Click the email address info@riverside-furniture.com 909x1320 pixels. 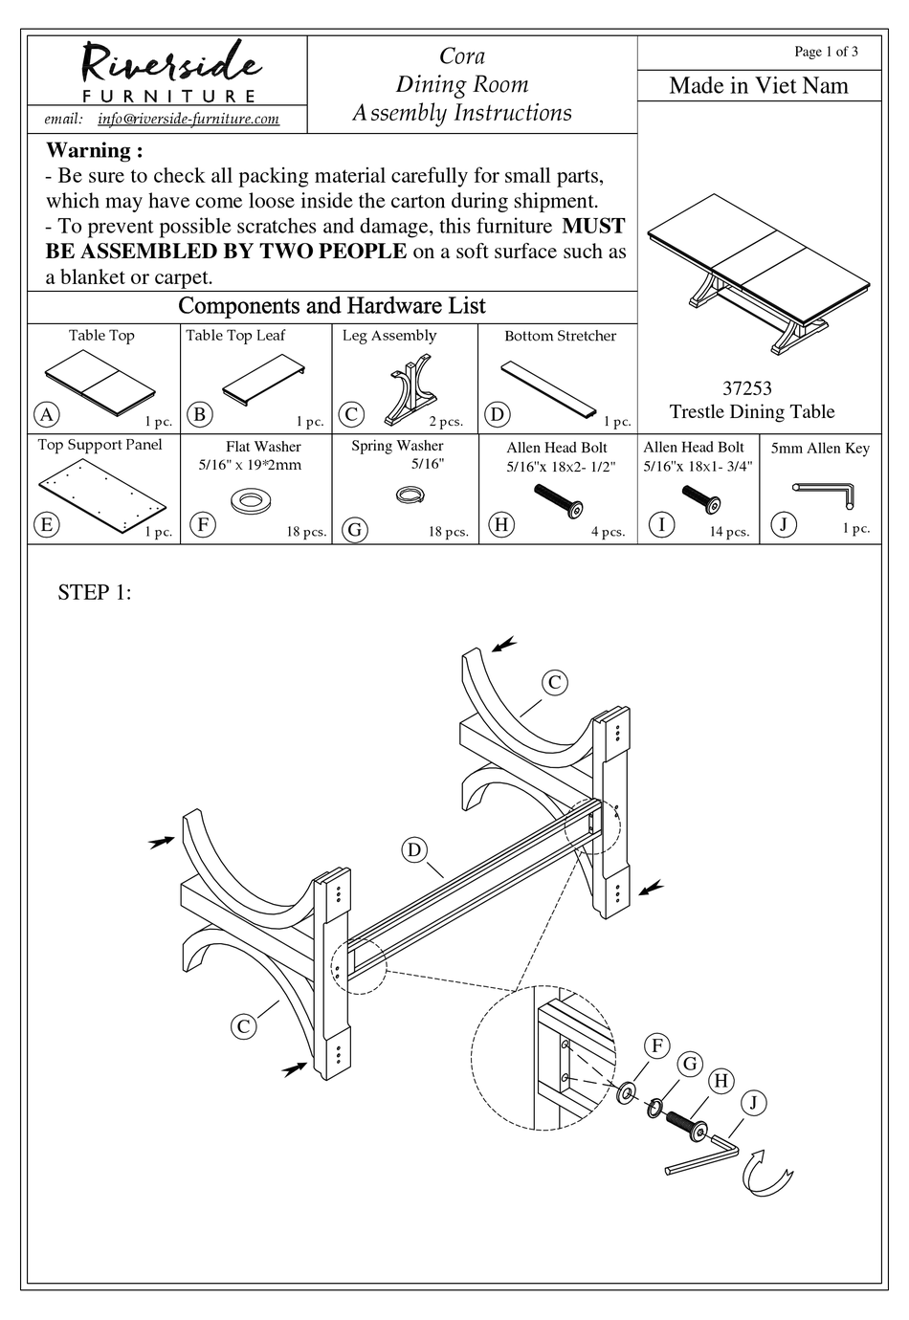[x=188, y=119]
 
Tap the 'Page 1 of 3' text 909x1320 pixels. [x=826, y=52]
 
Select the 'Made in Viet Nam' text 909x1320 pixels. [x=758, y=86]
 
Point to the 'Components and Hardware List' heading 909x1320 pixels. [x=332, y=306]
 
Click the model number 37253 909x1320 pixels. [x=746, y=388]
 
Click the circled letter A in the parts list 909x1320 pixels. [x=45, y=414]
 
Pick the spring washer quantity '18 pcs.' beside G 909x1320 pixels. [x=448, y=532]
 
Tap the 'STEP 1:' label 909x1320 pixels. [x=94, y=592]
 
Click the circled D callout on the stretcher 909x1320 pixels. [x=413, y=850]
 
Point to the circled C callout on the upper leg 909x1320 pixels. [x=554, y=682]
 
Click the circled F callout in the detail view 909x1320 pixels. [x=656, y=1045]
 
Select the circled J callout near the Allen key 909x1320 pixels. [x=753, y=1103]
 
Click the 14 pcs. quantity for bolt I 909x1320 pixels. [x=729, y=532]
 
